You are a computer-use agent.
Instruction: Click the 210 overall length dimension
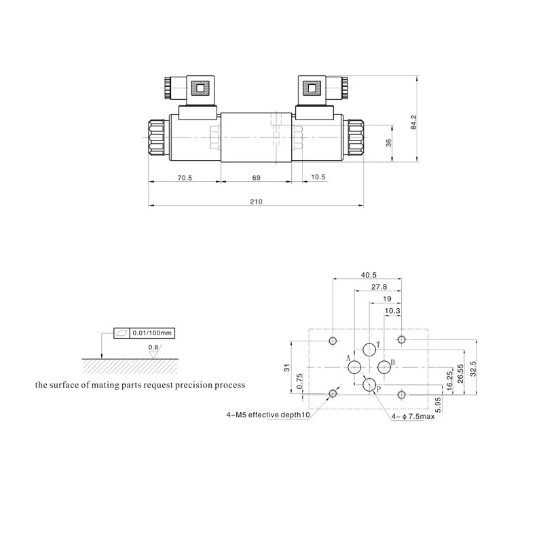coord(257,202)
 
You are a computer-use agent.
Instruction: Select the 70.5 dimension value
coord(185,178)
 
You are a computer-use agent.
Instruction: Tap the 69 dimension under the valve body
coord(257,178)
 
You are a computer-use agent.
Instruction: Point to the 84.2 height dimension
coord(414,122)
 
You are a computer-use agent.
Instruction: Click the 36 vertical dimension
coord(388,143)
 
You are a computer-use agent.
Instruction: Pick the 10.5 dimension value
coord(318,177)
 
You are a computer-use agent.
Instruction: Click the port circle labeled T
coord(369,350)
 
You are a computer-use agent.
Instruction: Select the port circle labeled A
coord(354,367)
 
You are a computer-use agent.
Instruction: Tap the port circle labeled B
coord(384,367)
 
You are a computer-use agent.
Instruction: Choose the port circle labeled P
coord(369,384)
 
